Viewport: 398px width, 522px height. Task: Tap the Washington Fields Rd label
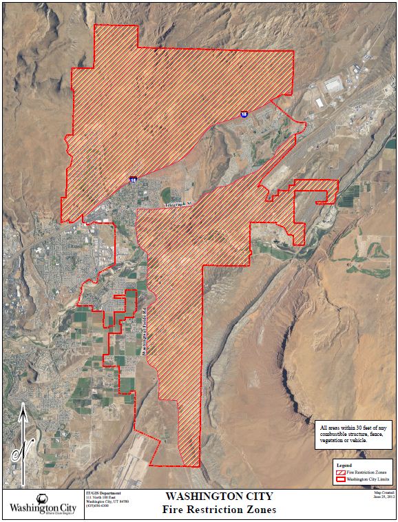tap(144, 331)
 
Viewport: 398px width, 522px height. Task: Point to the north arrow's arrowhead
tap(23, 410)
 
